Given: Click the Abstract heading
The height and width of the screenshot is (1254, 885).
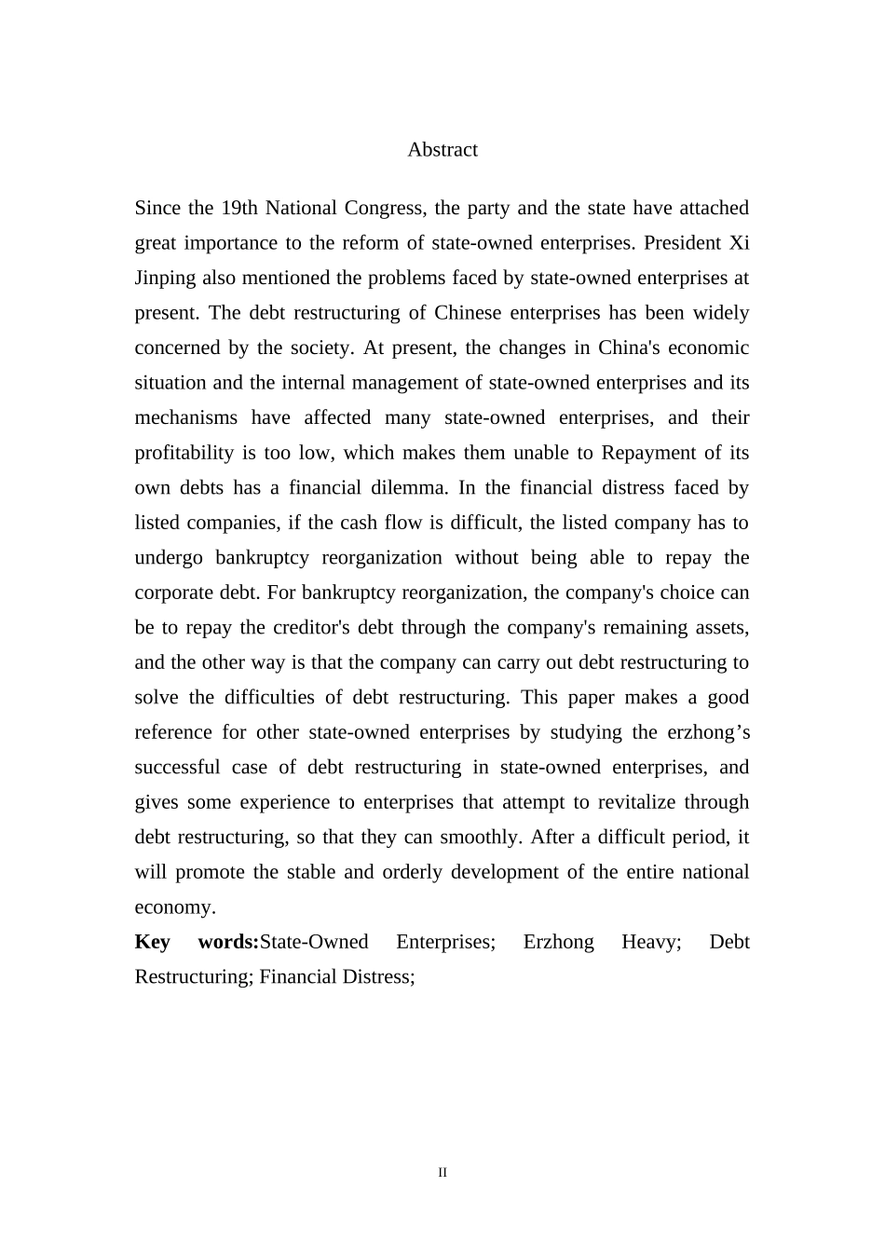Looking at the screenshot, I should (x=442, y=150).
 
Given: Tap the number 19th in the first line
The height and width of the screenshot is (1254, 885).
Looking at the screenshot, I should (x=239, y=208).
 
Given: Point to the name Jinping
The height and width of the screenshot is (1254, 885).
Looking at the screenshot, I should (x=165, y=278).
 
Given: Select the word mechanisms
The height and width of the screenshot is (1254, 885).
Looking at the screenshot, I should (x=185, y=417).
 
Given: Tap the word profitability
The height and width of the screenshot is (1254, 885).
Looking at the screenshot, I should (x=184, y=453).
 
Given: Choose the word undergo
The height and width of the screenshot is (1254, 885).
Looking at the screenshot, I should (x=169, y=557).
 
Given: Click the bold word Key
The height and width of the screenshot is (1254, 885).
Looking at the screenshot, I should (x=152, y=942).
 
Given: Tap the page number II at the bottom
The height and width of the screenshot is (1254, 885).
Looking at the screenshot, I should (x=442, y=1172).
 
